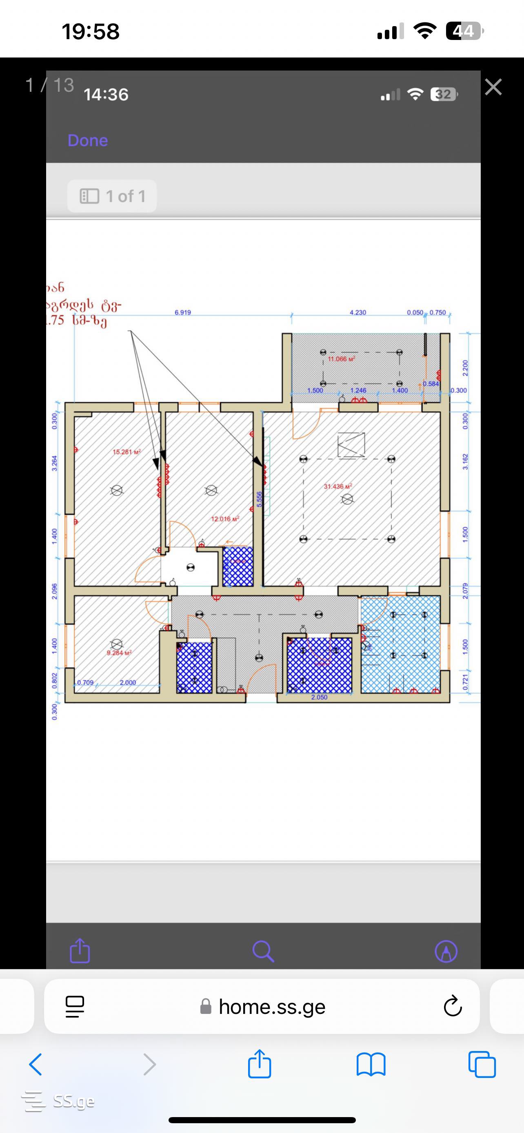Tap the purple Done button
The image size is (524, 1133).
pos(88,140)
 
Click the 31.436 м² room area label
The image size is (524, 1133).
pos(337,487)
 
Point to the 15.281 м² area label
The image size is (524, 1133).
pos(126,452)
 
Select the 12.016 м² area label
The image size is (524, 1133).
pos(225,519)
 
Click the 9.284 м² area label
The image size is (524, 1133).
pos(119,653)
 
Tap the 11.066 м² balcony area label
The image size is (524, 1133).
pos(341,359)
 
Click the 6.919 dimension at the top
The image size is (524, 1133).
pos(182,312)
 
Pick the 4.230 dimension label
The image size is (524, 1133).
pos(357,312)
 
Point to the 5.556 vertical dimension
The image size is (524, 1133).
pos(259,499)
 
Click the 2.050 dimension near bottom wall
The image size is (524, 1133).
pos(319,697)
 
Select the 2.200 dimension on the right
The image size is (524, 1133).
pos(466,368)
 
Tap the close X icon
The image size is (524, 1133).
pos(493,87)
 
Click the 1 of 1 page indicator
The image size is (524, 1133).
pos(112,196)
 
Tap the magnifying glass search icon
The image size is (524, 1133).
pos(263,952)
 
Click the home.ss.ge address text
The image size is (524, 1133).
pos(272,1007)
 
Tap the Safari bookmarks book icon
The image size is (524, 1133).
pos(371,1065)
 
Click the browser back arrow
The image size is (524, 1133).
pos(36,1064)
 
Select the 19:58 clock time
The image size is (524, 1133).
pos(91,32)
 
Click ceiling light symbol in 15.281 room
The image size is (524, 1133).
pos(117,490)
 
